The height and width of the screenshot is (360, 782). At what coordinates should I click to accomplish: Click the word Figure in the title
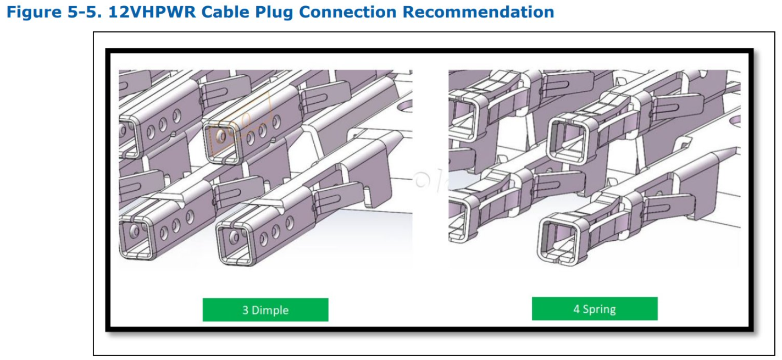click(x=34, y=12)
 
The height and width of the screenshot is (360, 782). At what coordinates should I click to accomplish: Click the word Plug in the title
click(x=274, y=12)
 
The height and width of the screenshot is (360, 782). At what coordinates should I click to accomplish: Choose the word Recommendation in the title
click(x=478, y=12)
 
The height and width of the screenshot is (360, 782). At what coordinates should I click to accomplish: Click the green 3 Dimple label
click(x=265, y=310)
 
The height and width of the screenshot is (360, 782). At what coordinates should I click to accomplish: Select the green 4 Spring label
click(x=595, y=309)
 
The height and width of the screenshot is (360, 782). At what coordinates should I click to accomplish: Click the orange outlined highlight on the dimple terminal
click(x=240, y=125)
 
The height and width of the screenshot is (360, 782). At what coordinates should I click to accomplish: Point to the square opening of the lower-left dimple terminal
click(x=135, y=238)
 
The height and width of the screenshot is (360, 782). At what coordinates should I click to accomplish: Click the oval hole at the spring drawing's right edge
click(x=735, y=120)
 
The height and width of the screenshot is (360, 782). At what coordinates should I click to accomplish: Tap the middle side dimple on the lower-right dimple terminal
click(x=276, y=231)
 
